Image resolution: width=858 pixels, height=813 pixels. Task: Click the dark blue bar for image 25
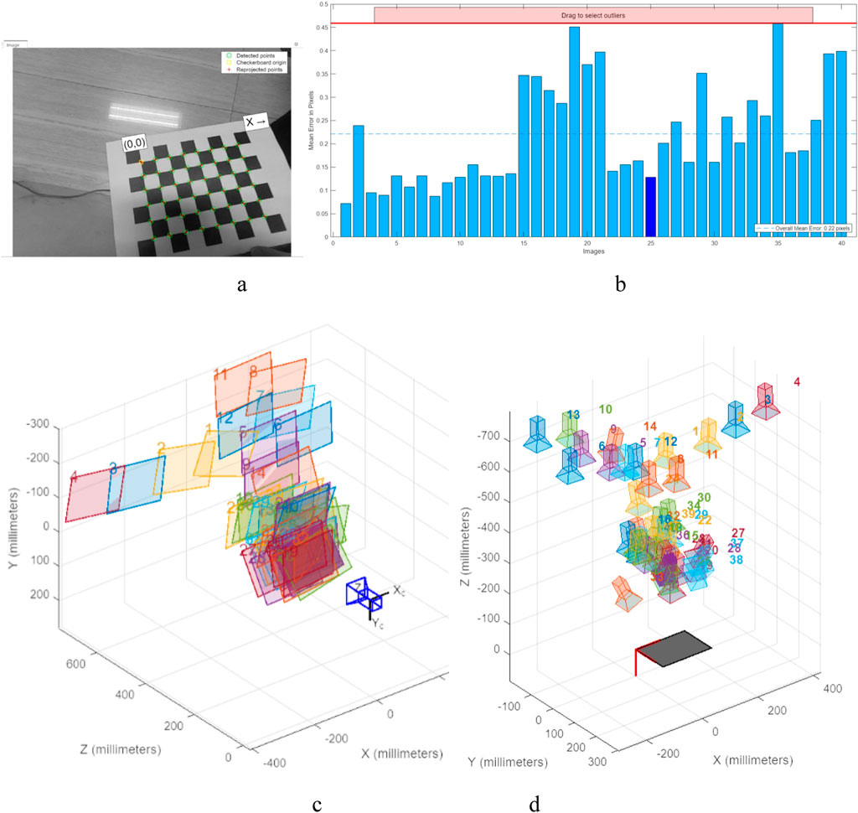coord(650,207)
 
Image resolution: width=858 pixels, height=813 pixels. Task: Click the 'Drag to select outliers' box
coord(593,15)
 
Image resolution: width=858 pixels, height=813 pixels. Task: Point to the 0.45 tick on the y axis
coord(320,28)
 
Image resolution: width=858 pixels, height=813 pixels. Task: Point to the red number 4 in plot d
coord(796,383)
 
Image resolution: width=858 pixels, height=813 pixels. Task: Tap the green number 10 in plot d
coord(606,410)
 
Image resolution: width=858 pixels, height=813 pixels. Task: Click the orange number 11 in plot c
coord(221,374)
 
